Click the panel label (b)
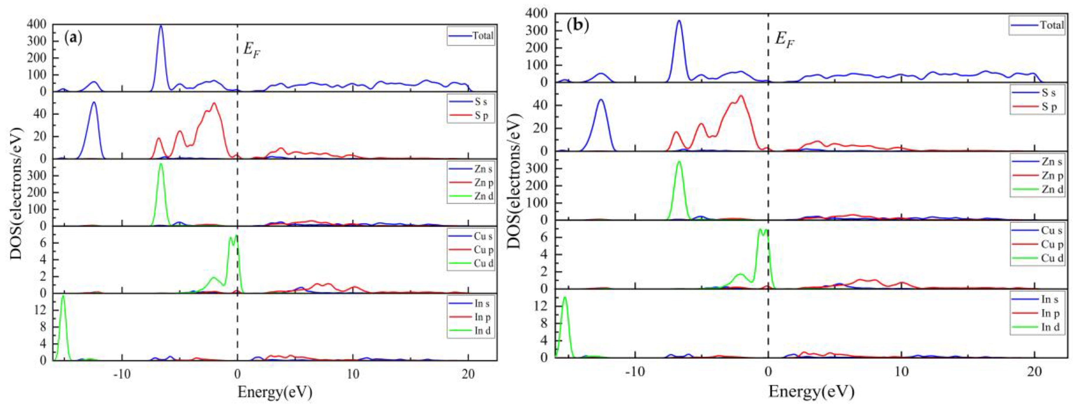tap(578, 26)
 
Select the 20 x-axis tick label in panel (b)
tap(1034, 372)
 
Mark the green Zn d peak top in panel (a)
tap(161, 164)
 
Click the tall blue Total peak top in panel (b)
tap(679, 21)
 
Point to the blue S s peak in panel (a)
tap(94, 102)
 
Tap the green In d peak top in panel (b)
tap(565, 297)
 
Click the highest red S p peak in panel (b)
tap(741, 96)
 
